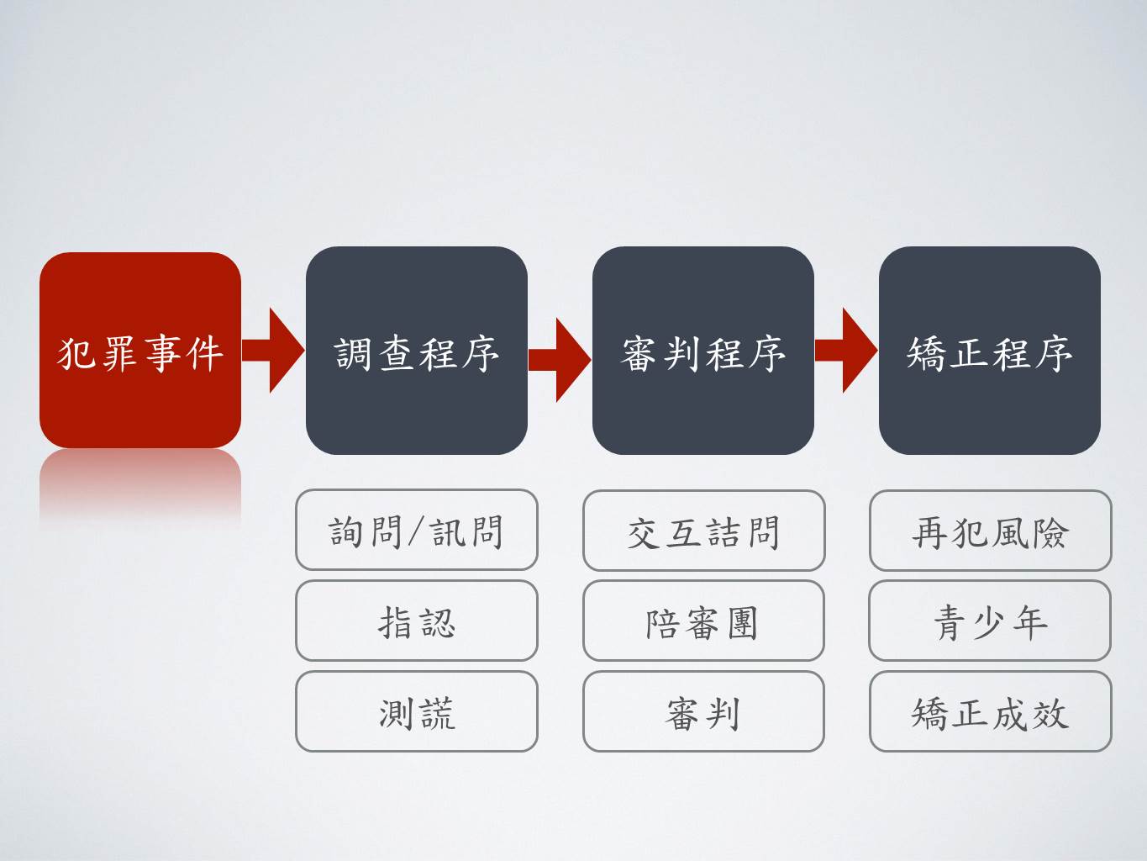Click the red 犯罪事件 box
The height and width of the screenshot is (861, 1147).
[x=140, y=350]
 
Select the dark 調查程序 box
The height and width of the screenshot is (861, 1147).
[x=417, y=351]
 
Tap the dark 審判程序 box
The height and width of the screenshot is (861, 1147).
[x=702, y=351]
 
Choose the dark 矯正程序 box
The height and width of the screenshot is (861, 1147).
[x=990, y=351]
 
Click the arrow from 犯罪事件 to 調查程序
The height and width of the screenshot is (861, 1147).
[x=273, y=350]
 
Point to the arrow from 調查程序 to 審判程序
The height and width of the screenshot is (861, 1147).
[x=559, y=360]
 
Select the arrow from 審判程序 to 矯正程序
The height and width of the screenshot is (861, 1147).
[x=846, y=350]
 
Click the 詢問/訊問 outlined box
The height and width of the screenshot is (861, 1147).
[x=417, y=530]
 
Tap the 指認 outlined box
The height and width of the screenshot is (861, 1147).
[x=417, y=621]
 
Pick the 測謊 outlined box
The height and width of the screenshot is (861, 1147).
[x=417, y=711]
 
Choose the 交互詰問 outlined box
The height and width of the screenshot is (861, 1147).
[x=704, y=530]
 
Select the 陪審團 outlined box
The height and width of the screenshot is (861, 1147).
[x=703, y=621]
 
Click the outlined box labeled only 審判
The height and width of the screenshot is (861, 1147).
[x=703, y=711]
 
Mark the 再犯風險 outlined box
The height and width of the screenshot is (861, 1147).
[x=990, y=530]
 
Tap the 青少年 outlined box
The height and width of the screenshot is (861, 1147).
[x=990, y=621]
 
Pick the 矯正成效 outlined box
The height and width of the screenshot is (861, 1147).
[x=990, y=711]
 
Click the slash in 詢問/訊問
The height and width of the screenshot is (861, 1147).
[x=416, y=532]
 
